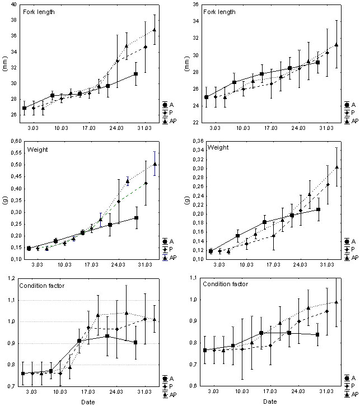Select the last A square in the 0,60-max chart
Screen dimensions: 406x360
[136, 218]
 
